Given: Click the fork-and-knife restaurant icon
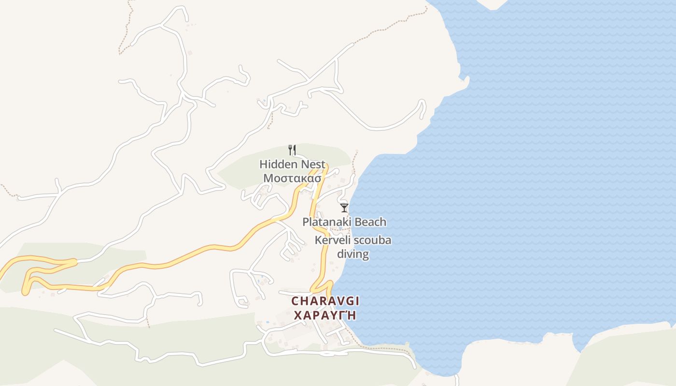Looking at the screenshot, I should (x=292, y=150).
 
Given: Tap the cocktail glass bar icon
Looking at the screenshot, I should (x=344, y=208).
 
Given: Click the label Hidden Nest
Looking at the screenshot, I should (x=292, y=164).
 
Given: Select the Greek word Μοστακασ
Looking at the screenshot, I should (x=292, y=178).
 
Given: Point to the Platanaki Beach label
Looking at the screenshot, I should (x=344, y=222).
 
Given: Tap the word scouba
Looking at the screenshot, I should (x=372, y=240).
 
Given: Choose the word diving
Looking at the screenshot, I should (x=353, y=254).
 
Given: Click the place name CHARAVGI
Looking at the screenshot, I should (x=325, y=301).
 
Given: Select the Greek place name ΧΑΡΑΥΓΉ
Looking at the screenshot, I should (x=325, y=316).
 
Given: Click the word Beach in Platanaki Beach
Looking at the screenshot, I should (x=371, y=222).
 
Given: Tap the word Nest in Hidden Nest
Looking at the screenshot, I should (x=313, y=164).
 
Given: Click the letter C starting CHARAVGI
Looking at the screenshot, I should (x=295, y=301).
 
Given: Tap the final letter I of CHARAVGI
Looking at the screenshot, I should (x=357, y=301).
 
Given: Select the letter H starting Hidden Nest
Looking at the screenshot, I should (x=263, y=164).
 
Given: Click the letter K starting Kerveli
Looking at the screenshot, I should (x=318, y=240).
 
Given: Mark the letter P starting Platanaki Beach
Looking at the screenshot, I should (x=306, y=222).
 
